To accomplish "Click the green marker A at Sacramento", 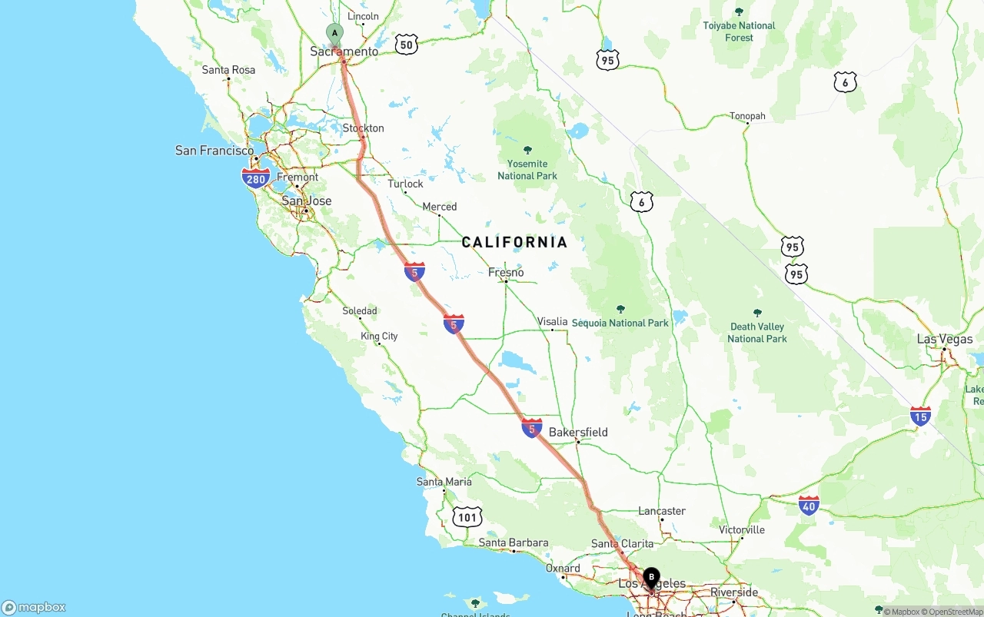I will click(334, 34).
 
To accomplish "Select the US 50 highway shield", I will click(407, 45).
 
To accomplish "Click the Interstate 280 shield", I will click(256, 179).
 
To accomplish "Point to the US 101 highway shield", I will click(467, 516).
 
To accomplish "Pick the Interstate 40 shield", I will click(808, 505).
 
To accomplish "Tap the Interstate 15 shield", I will click(920, 416).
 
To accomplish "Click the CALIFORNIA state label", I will click(514, 243).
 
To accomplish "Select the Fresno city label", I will click(506, 272).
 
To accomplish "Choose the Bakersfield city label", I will click(578, 432).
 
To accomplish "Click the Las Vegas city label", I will click(945, 339).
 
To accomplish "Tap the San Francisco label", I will click(214, 151).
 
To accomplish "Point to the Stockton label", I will click(364, 128).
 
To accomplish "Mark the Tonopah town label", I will click(747, 117).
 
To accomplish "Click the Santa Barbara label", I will click(514, 542).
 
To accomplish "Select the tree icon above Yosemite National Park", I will click(527, 150).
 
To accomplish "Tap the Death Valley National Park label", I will click(757, 333).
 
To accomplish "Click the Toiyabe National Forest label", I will click(739, 32).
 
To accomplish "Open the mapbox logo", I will click(34, 607).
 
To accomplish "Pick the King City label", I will click(379, 336).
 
